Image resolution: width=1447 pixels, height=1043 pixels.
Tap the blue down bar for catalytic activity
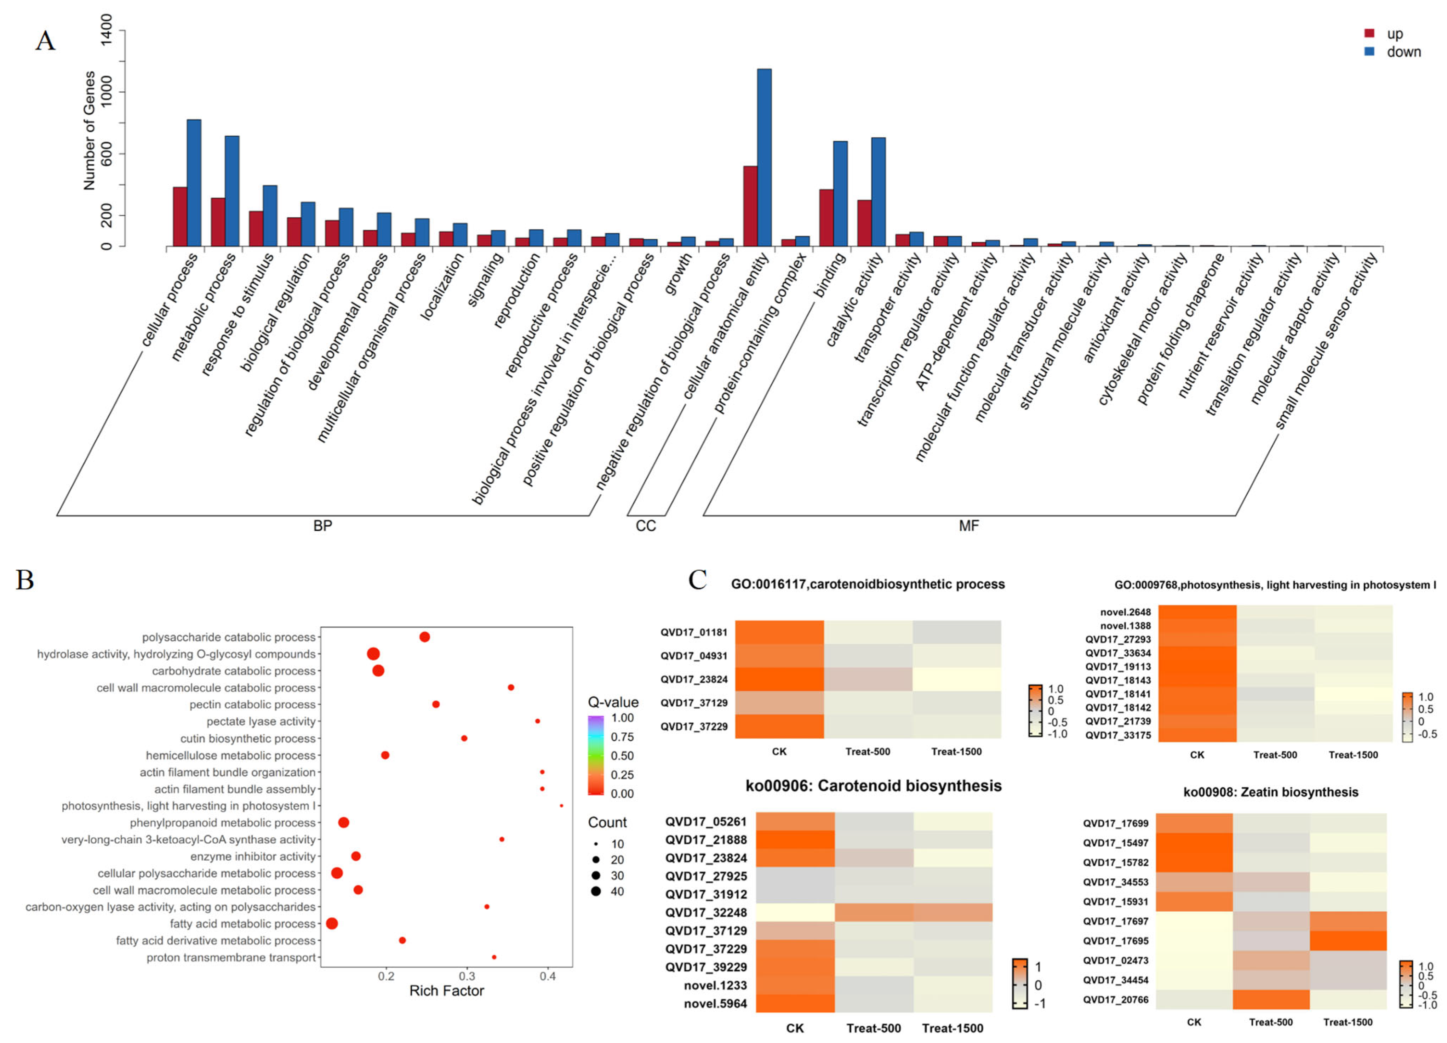(878, 192)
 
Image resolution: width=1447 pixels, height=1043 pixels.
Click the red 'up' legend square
(1369, 33)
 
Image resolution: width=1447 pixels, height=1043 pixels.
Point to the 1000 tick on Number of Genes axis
(106, 92)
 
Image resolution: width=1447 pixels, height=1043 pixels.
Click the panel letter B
(25, 580)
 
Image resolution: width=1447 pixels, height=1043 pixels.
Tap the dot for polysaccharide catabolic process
(424, 637)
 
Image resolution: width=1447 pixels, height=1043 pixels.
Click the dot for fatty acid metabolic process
(332, 924)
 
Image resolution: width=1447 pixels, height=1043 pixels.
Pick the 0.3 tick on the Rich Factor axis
(467, 976)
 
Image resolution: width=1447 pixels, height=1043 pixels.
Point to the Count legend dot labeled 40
(596, 892)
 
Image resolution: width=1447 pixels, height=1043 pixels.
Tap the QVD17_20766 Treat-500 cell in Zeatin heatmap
(1271, 999)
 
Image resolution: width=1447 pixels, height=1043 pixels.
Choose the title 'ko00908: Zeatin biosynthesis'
(1271, 792)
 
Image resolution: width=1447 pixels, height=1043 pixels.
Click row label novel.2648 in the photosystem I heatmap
(1126, 612)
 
